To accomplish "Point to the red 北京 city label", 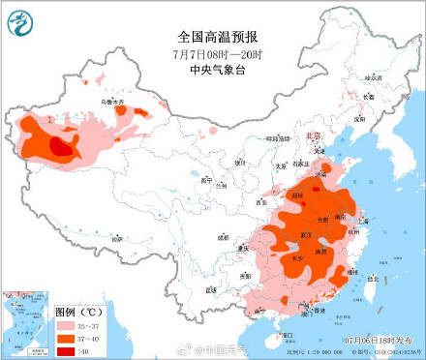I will pyautogui.click(x=313, y=137).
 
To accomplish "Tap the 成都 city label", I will pyautogui.click(x=224, y=235).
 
